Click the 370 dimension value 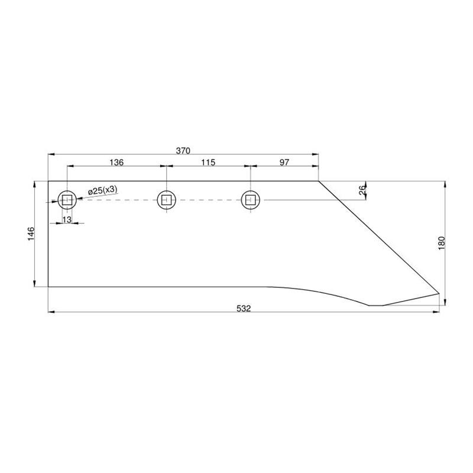pos(183,151)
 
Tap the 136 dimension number pos(116,162)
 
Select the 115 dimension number pos(208,162)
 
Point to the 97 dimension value pos(284,162)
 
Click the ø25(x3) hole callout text pos(102,190)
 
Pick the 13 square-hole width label pos(67,219)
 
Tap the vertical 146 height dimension pos(31,234)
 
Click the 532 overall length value pos(244,308)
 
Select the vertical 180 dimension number pos(441,243)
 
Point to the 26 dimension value pos(362,190)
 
